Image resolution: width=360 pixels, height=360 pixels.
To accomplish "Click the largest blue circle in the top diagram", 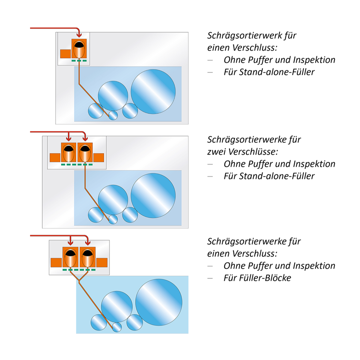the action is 153,92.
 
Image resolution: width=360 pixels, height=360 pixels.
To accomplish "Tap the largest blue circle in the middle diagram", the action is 153,196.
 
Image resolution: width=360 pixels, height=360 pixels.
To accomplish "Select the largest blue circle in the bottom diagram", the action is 159,303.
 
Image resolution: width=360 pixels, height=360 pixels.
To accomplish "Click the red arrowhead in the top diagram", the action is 79,35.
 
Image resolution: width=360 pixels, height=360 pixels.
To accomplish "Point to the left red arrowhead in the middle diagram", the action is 69,139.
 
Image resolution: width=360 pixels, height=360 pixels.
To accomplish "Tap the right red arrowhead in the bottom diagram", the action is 88,243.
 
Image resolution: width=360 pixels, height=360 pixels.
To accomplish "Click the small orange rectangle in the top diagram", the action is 65,54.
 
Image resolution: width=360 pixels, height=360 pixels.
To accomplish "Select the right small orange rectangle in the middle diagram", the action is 99,158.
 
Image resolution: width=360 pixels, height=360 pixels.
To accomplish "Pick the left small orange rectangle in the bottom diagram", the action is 56,263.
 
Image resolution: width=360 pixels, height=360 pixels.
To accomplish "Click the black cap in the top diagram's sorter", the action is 79,45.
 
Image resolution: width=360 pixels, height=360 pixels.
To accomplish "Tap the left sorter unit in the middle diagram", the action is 69,152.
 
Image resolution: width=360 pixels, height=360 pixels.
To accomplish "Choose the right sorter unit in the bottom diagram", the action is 88,257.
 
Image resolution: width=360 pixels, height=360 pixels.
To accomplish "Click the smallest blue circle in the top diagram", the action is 113,115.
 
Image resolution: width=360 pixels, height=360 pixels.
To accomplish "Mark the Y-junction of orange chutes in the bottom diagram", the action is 79,281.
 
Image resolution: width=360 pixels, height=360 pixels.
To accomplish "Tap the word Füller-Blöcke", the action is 257,278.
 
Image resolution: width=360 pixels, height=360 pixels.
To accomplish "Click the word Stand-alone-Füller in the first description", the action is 269,72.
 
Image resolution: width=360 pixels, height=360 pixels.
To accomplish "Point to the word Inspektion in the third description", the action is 314,266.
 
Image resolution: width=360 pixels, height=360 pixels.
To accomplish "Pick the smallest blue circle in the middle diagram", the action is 113,219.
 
